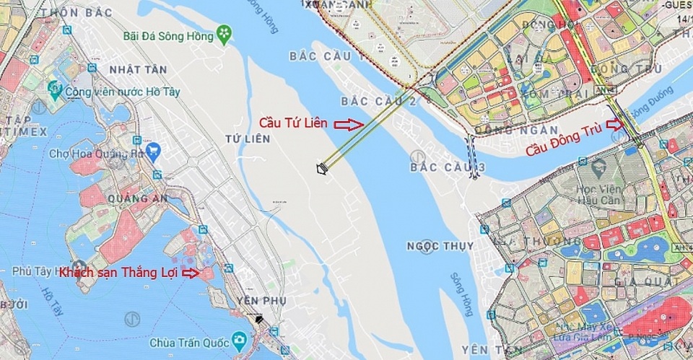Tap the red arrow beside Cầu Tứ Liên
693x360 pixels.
[349, 125]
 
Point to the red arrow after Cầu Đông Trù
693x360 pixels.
[614, 124]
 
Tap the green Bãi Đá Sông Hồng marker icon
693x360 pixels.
[226, 33]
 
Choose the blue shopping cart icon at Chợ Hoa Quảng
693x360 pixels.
[152, 152]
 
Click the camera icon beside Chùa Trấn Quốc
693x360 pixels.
[240, 341]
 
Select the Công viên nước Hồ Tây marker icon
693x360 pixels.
[55, 90]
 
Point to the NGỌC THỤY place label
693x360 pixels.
[440, 246]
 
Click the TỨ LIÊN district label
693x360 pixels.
[243, 138]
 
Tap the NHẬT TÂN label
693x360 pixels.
[137, 69]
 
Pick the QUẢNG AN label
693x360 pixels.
[134, 198]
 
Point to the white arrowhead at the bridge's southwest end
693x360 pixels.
[322, 168]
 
